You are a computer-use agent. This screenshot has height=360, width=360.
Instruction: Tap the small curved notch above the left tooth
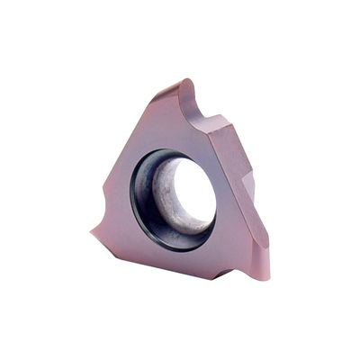point(105,209)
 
